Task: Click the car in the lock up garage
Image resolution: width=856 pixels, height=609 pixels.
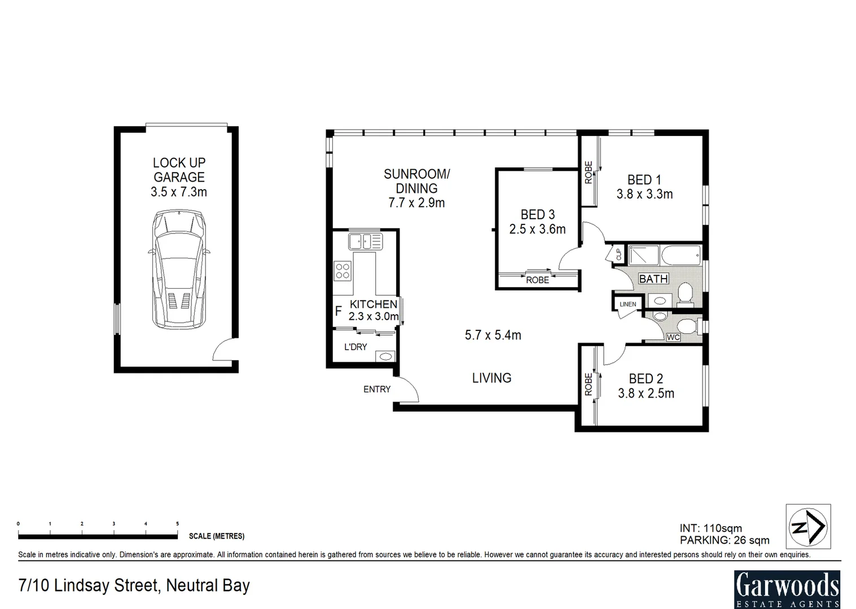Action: pos(178,269)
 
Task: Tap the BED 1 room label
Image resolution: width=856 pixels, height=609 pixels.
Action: pos(644,180)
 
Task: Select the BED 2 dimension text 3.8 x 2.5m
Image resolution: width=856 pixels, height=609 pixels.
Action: pos(646,394)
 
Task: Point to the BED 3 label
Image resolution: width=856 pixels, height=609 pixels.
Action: pos(537,215)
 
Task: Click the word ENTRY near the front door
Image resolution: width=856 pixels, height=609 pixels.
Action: pos(376,389)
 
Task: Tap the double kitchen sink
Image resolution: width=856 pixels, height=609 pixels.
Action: pos(365,241)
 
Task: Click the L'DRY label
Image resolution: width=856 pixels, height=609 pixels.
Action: pos(355,347)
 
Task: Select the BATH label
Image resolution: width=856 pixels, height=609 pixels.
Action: pos(653,279)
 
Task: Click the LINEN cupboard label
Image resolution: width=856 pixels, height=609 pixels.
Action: pos(627,304)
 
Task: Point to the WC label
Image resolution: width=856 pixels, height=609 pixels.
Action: pos(673,338)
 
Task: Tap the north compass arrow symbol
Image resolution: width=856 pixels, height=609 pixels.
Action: pos(808,526)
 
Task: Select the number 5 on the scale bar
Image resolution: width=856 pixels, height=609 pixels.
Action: pos(177,524)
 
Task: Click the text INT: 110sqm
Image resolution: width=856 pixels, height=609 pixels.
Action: pos(710,528)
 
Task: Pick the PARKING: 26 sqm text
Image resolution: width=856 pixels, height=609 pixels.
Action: pos(724,540)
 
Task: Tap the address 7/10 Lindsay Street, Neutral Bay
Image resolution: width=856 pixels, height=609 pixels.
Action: pos(134,585)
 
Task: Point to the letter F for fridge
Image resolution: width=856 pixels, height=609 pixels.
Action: pos(338,311)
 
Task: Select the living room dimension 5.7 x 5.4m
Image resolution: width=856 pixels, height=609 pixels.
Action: pos(493,335)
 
